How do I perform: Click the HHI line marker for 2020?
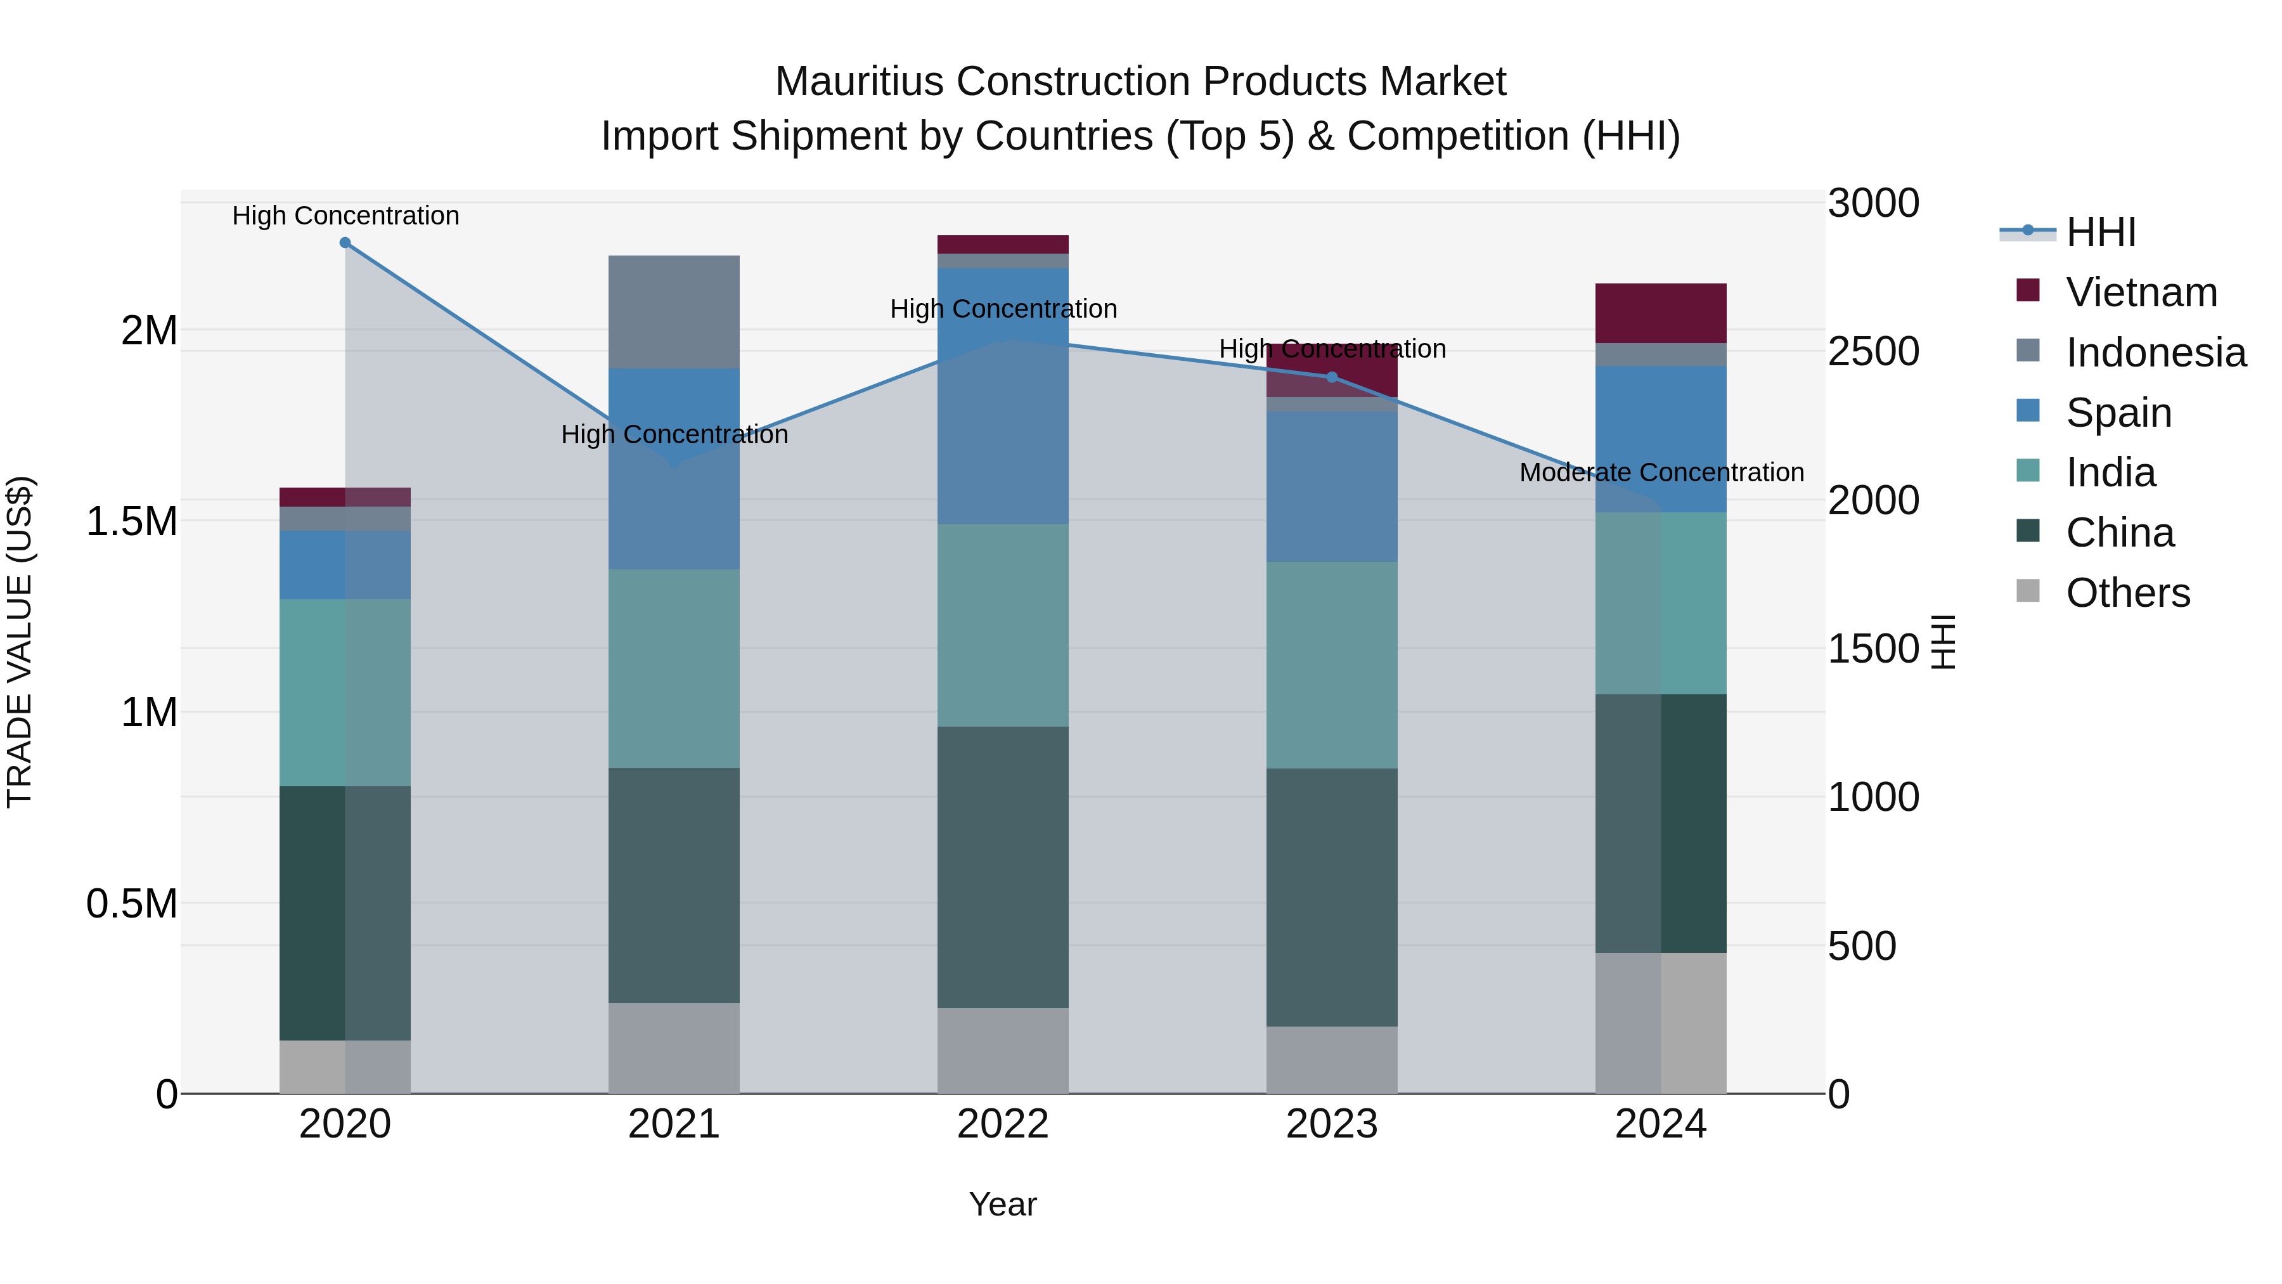click(x=345, y=243)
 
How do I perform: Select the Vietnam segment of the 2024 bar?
click(x=1660, y=313)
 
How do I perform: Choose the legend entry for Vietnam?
click(x=2141, y=292)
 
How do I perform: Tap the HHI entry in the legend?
click(x=2101, y=232)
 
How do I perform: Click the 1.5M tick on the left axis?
click(x=131, y=521)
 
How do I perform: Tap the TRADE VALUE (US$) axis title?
click(x=20, y=642)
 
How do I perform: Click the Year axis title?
click(x=1002, y=1204)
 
